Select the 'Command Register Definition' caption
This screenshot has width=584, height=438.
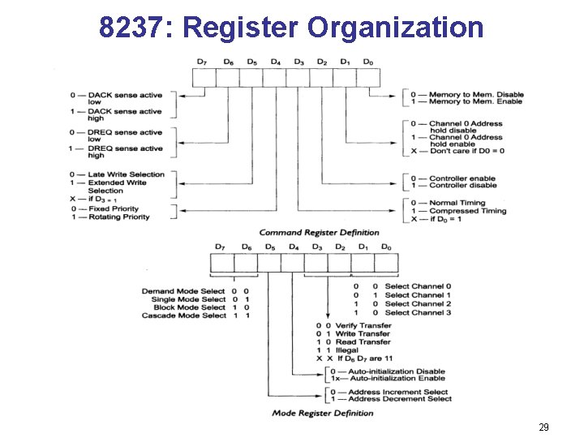pyautogui.click(x=307, y=233)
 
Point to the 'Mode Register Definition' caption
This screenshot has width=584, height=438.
pyautogui.click(x=323, y=413)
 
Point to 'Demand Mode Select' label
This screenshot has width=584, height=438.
pyautogui.click(x=184, y=290)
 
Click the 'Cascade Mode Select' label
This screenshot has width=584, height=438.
pyautogui.click(x=184, y=316)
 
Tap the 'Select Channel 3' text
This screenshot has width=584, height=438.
pyautogui.click(x=418, y=312)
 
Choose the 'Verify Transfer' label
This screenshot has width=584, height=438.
pyautogui.click(x=363, y=324)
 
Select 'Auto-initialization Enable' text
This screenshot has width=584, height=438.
pyautogui.click(x=393, y=378)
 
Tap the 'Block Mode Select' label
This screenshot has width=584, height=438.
pyautogui.click(x=189, y=307)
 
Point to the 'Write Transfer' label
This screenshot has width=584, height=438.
pyautogui.click(x=363, y=333)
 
